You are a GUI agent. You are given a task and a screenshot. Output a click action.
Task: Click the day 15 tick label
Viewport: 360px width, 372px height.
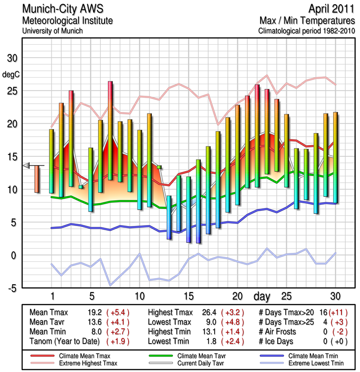(x=189, y=296)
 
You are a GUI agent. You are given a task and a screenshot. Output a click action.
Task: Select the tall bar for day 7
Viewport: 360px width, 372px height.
(x=111, y=131)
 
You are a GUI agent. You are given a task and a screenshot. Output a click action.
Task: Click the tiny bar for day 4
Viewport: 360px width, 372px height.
(x=81, y=187)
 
